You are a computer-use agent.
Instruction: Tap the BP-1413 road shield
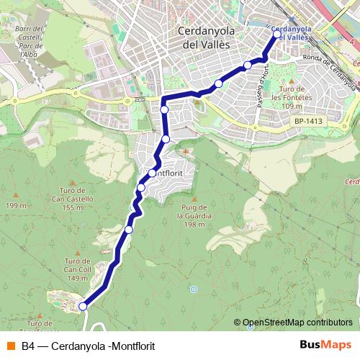pos(308,122)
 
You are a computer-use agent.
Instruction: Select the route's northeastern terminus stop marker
pos(277,34)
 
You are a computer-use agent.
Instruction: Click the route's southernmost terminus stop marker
pos(83,306)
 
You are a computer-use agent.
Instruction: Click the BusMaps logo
pos(325,345)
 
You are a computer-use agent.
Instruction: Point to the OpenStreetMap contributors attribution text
pos(297,323)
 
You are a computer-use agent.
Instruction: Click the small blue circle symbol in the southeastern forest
pos(193,289)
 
